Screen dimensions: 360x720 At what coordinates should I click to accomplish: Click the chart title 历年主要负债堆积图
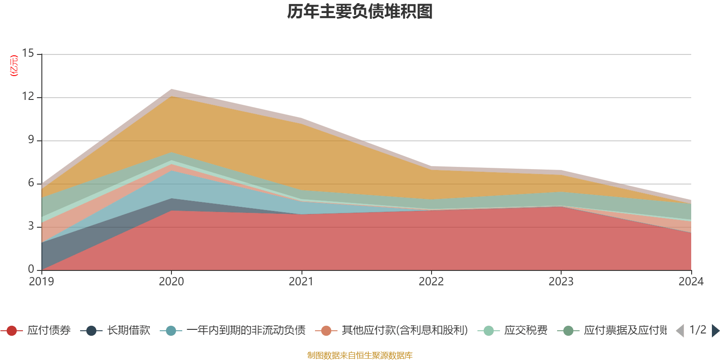[360, 12]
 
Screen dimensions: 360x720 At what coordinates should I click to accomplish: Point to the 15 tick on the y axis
[28, 54]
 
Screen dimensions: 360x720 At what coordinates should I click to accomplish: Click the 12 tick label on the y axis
[28, 97]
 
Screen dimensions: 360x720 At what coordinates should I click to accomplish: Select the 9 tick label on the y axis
[31, 140]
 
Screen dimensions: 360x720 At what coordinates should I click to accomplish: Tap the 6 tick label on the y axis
[31, 183]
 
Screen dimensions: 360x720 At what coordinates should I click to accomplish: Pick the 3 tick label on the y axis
[31, 226]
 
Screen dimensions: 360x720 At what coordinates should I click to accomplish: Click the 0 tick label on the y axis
[31, 270]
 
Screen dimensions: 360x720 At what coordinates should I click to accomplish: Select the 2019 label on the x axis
[41, 282]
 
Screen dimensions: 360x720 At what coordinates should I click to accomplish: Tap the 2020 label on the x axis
[171, 282]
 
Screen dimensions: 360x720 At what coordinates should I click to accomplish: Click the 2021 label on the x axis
[301, 282]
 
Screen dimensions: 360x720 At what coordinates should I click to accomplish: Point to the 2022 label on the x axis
[431, 282]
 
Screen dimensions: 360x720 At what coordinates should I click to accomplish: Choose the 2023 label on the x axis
[561, 282]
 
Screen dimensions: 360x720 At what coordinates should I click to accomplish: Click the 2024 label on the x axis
[691, 282]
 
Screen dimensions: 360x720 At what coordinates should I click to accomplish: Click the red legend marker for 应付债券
[12, 331]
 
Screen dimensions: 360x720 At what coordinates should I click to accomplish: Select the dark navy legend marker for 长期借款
[91, 331]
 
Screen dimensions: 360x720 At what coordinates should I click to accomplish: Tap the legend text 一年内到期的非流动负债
[246, 331]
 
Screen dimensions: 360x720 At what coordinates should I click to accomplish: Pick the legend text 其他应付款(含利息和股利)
[405, 331]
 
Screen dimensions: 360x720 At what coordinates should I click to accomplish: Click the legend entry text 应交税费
[526, 331]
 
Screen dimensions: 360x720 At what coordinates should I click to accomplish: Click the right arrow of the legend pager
[715, 331]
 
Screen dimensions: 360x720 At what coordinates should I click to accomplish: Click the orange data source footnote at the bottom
[360, 355]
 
